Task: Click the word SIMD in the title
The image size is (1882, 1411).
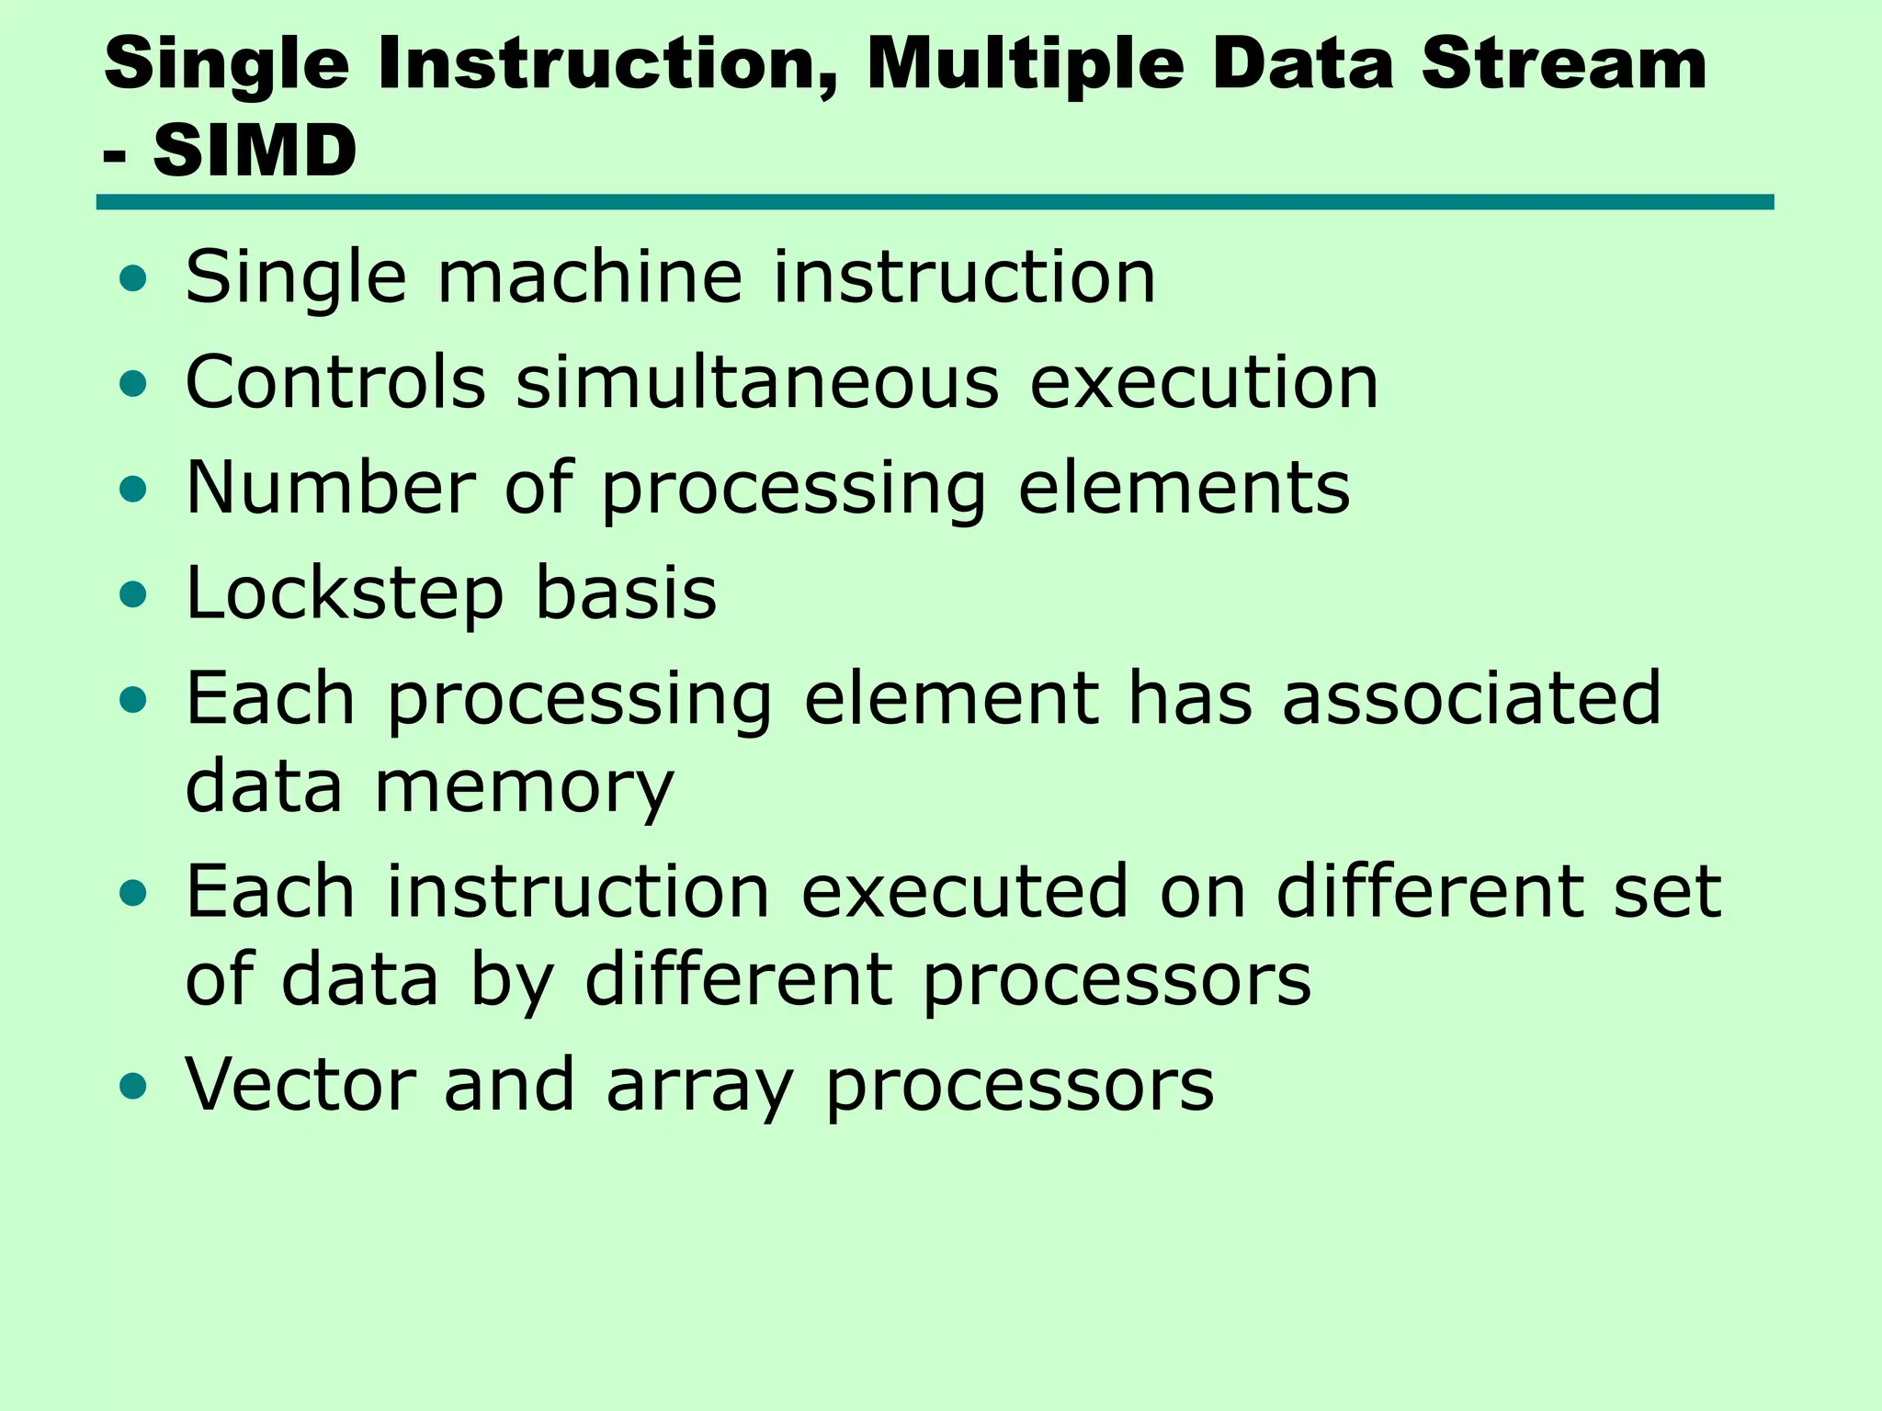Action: point(255,152)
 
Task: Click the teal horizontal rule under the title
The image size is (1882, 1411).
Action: point(935,202)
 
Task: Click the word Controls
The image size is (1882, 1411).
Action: point(335,382)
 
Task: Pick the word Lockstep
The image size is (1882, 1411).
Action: point(345,595)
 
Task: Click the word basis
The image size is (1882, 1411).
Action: point(626,593)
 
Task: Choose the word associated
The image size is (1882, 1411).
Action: point(1471,698)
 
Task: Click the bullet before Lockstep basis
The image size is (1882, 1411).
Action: point(133,595)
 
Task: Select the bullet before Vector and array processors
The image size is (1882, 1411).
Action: point(133,1087)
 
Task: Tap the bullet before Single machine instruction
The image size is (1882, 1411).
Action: point(133,278)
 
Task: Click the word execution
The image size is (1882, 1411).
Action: point(1204,382)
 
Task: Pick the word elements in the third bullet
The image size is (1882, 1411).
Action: point(1184,488)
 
